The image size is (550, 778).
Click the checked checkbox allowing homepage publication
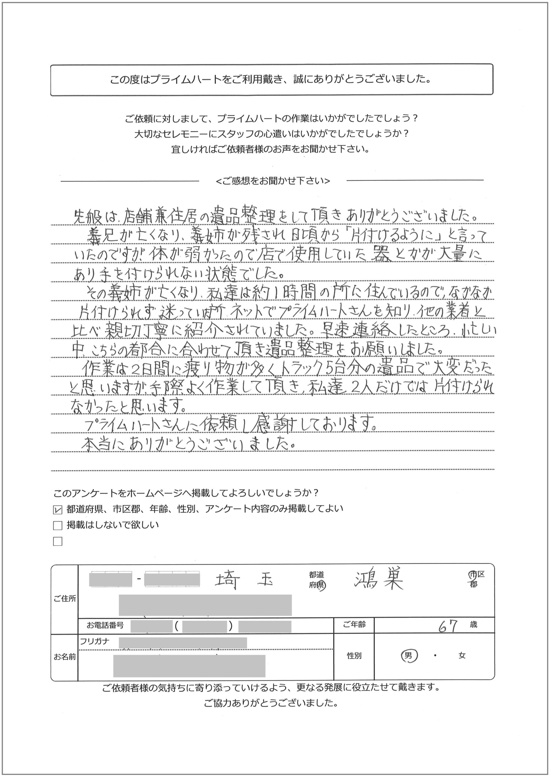[x=58, y=509]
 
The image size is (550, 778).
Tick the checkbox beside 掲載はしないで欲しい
[x=58, y=525]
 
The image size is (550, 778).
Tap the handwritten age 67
[x=448, y=627]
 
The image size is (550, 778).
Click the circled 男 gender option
[x=408, y=656]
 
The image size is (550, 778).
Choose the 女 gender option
[x=462, y=656]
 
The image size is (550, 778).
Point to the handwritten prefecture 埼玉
[x=244, y=581]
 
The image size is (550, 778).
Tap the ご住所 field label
[x=64, y=599]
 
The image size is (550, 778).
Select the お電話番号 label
[x=105, y=625]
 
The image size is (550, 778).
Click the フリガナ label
[x=95, y=642]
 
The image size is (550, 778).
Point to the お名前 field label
[x=64, y=657]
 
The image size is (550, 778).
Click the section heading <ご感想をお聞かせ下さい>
[x=273, y=181]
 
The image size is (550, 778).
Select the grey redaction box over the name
[x=189, y=666]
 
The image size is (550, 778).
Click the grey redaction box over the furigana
[x=183, y=643]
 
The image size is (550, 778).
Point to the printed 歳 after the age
[x=473, y=625]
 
